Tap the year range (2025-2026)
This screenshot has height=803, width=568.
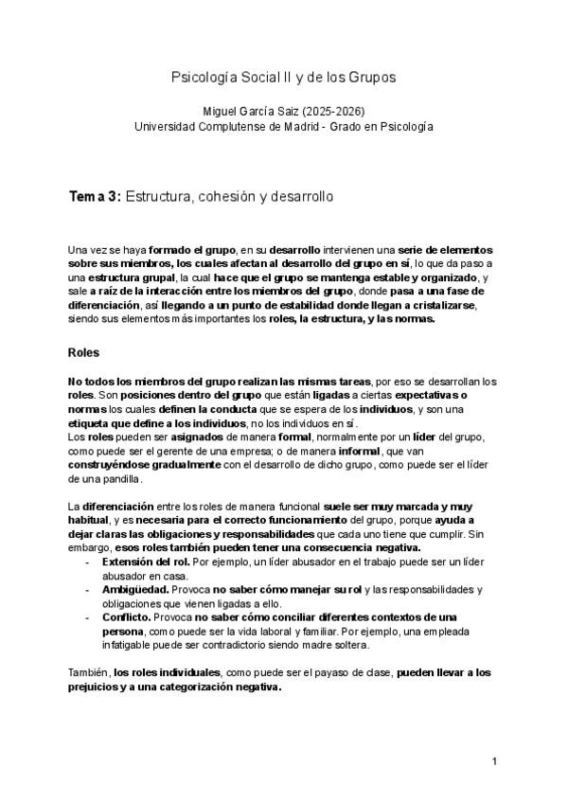[338, 111]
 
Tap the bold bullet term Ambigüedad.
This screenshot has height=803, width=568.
[136, 590]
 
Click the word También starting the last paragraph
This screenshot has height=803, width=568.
[88, 672]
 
